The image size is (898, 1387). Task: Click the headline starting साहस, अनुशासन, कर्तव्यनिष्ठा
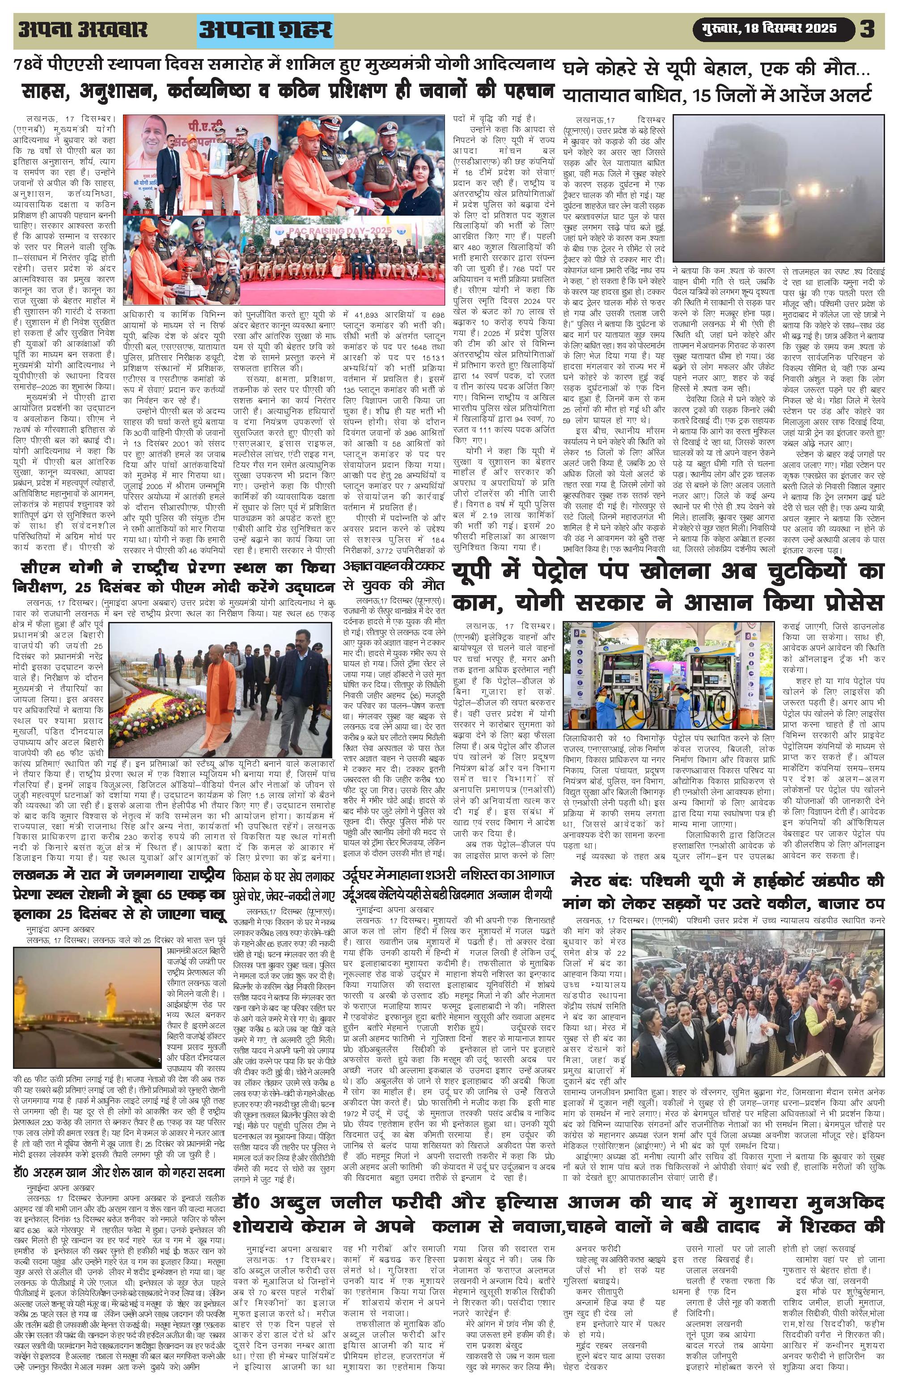pos(287,93)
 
